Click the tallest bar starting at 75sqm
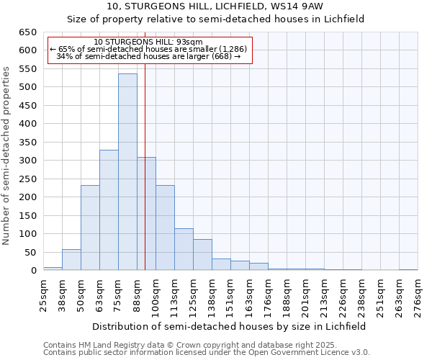click(x=127, y=172)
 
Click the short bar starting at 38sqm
click(x=71, y=260)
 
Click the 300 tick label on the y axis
click(x=27, y=161)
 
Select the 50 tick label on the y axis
click(x=30, y=252)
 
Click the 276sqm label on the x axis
click(x=418, y=297)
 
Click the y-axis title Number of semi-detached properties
click(x=6, y=156)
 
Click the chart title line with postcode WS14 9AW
click(x=215, y=6)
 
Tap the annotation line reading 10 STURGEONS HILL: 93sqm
click(x=148, y=42)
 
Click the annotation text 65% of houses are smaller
click(x=148, y=49)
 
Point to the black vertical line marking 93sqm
click(x=145, y=180)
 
